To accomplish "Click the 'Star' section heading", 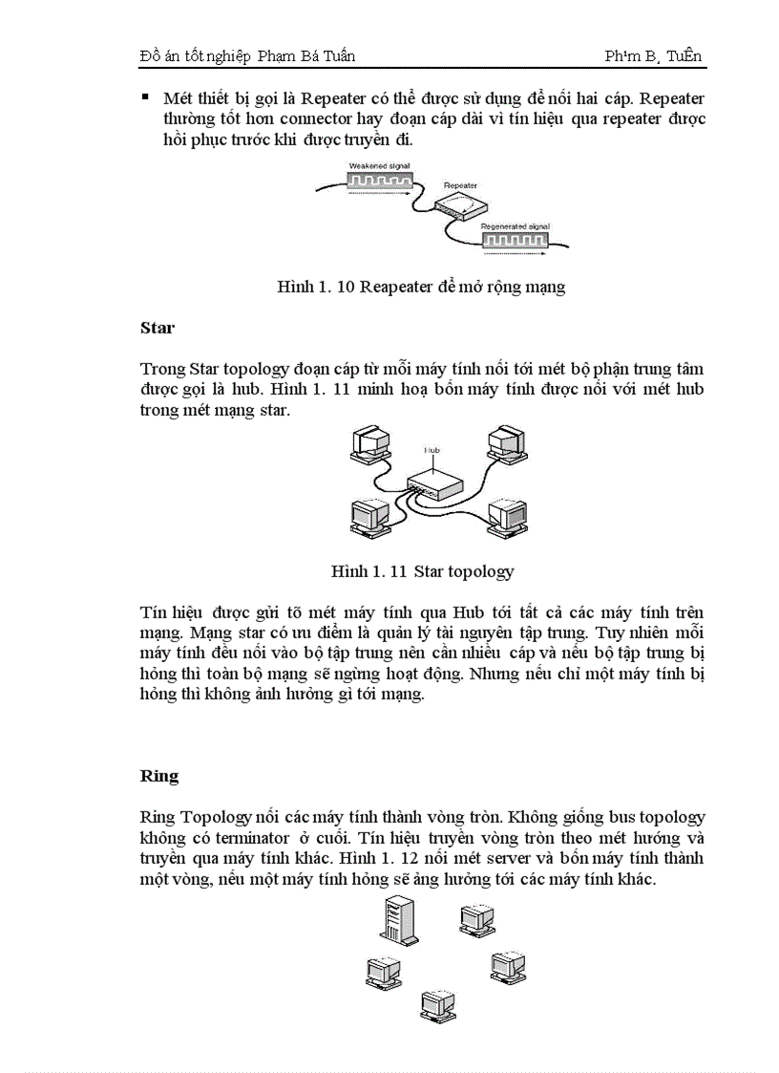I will pyautogui.click(x=158, y=328).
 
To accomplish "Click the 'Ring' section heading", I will pyautogui.click(x=159, y=775).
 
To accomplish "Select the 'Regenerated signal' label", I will pyautogui.click(x=516, y=226).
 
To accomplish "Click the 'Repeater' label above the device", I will pyautogui.click(x=460, y=183).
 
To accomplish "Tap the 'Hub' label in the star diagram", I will pyautogui.click(x=432, y=448).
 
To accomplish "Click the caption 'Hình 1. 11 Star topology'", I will pyautogui.click(x=422, y=571).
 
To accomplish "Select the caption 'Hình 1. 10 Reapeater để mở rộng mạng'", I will pyautogui.click(x=421, y=287).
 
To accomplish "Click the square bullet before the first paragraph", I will pyautogui.click(x=145, y=97).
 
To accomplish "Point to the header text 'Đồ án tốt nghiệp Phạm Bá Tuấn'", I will pyautogui.click(x=247, y=55).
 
